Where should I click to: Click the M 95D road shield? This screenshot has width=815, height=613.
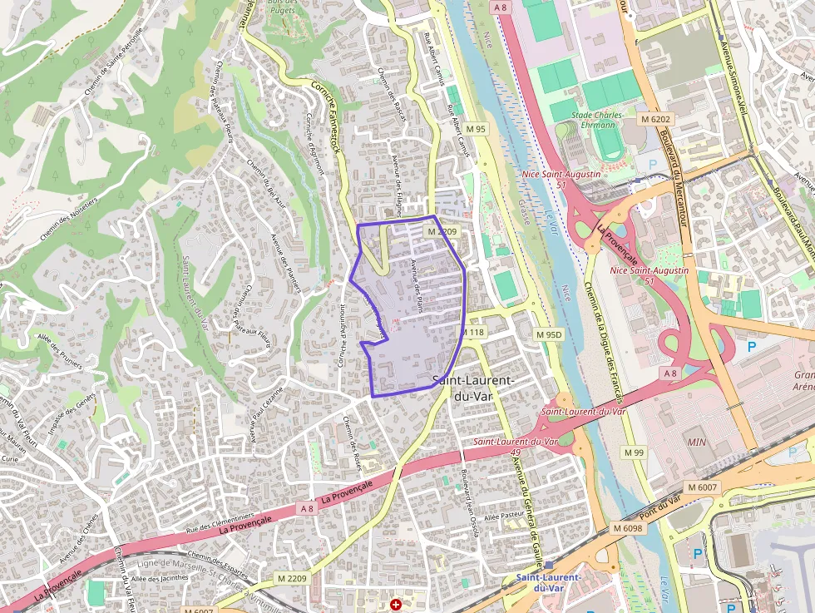549,334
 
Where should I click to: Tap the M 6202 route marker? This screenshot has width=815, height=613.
655,120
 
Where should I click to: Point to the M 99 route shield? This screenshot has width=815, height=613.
634,452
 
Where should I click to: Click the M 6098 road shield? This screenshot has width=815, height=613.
628,528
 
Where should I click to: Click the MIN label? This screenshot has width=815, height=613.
697,442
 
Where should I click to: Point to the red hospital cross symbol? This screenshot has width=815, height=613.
396,604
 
